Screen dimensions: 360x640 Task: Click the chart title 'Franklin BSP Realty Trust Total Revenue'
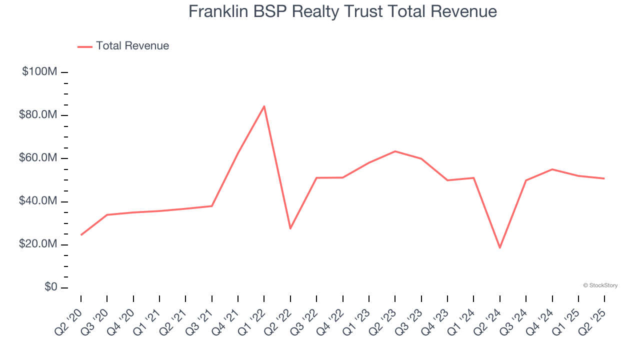(x=342, y=11)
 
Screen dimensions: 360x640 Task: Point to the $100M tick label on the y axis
(x=39, y=72)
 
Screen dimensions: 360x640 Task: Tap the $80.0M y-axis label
(x=38, y=115)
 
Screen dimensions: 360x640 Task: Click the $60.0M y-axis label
(x=38, y=158)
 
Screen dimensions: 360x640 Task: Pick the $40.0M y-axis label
(x=38, y=201)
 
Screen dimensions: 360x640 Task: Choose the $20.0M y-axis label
(x=38, y=244)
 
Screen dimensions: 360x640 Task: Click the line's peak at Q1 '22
(x=264, y=106)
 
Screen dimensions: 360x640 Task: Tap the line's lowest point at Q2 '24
(x=499, y=247)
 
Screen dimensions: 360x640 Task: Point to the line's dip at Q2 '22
(x=290, y=228)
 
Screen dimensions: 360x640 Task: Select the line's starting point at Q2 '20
(x=81, y=234)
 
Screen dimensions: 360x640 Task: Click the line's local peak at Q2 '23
(x=395, y=151)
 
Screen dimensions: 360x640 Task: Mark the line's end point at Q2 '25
(x=604, y=178)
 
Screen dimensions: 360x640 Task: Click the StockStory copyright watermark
(x=600, y=285)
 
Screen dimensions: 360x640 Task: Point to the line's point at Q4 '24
(x=552, y=169)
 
